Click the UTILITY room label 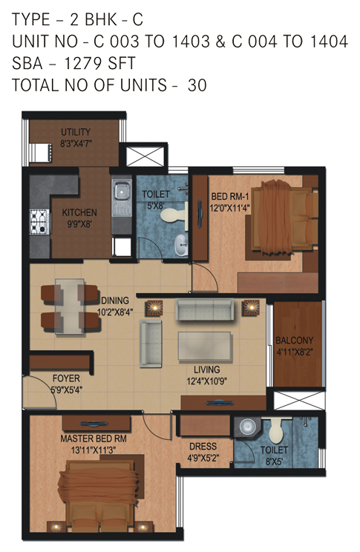76,132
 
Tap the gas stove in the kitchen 39,222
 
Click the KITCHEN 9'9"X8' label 79,218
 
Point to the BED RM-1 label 229,197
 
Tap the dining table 69,306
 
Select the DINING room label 115,300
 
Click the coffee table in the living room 205,346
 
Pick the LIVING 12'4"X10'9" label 207,375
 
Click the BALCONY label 295,341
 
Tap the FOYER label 66,378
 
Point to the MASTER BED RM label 94,438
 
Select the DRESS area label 203,447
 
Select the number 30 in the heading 197,85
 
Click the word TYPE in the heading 30,19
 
